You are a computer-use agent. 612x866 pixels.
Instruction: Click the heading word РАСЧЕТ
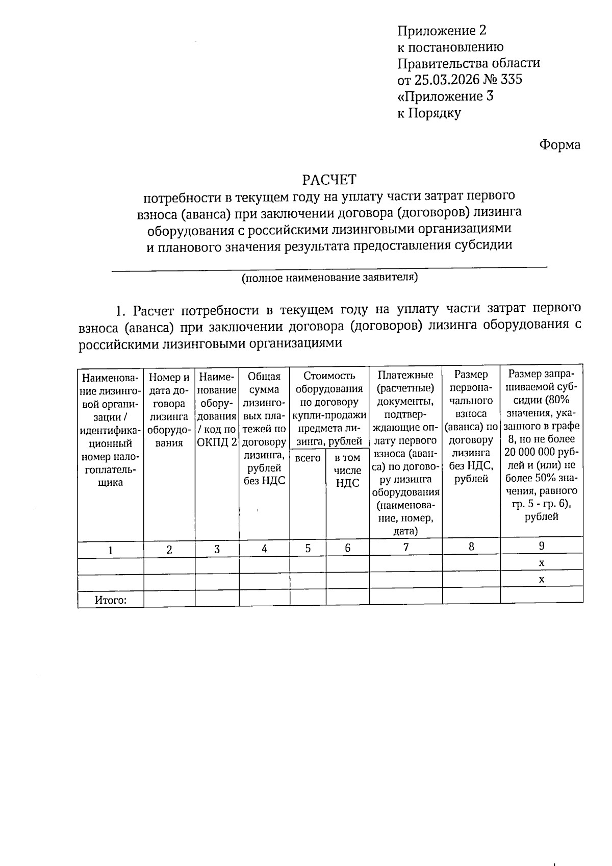(329, 180)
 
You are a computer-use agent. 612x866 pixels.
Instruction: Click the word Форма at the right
(559, 145)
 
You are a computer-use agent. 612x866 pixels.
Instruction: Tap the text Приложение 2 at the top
(442, 31)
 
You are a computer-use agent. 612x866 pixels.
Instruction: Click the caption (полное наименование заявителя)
(329, 278)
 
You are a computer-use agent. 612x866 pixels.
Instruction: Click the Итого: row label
(110, 600)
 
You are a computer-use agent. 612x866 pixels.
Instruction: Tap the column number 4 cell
(264, 549)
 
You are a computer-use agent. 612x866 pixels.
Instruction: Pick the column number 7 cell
(405, 547)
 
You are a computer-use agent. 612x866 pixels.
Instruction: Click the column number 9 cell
(542, 546)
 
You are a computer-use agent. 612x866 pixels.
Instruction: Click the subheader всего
(308, 458)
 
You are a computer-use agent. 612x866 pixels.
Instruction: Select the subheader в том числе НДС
(347, 470)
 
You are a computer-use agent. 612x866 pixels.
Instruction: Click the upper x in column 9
(542, 563)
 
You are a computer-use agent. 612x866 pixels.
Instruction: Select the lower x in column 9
(542, 579)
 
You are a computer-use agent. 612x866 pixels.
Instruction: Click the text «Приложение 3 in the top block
(445, 96)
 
